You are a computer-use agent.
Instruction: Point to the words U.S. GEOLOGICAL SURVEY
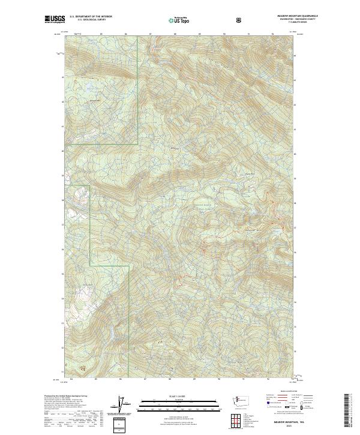click(91, 20)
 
